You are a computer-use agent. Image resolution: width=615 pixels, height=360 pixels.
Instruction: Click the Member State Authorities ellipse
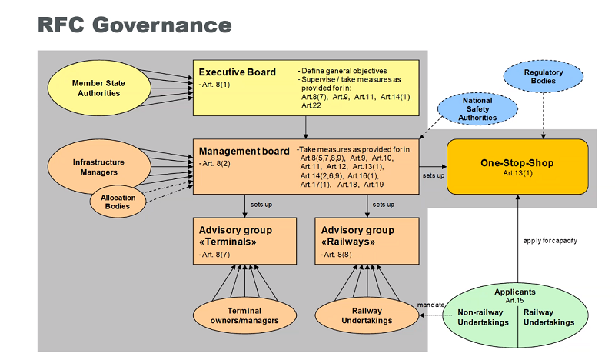99,88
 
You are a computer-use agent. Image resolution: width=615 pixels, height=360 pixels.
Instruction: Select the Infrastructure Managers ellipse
99,167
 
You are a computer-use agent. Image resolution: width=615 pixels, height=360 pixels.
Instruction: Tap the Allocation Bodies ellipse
118,202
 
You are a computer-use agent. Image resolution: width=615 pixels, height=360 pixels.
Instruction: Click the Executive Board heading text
238,72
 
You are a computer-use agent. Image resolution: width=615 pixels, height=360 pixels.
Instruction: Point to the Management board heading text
244,151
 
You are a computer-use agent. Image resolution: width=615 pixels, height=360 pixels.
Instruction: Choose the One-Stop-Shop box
517,166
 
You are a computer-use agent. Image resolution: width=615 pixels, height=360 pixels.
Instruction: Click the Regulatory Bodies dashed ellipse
544,76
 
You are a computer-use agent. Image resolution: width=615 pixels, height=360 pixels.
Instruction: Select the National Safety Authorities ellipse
477,108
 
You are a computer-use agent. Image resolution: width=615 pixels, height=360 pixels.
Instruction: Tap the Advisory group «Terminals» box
244,241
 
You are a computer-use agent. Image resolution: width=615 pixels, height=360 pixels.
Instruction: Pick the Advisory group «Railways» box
367,241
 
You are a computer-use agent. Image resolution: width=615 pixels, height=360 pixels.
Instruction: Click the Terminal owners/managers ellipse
244,315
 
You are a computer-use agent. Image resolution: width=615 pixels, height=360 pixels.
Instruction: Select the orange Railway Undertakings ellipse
367,315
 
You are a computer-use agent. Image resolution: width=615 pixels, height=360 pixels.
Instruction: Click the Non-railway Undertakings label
484,317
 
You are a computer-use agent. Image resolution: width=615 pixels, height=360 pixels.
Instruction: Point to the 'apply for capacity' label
550,240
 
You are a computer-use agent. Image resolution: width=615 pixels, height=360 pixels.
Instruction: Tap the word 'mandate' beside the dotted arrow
430,305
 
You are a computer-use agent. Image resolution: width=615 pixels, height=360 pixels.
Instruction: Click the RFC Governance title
135,25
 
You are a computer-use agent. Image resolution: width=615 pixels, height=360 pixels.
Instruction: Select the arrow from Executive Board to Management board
306,127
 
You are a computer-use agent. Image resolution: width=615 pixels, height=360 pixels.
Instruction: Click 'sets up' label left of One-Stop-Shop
434,175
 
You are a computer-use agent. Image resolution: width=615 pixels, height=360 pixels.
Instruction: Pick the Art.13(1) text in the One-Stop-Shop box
517,173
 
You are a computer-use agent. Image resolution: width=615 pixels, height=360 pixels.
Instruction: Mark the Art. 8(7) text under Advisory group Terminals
214,255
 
